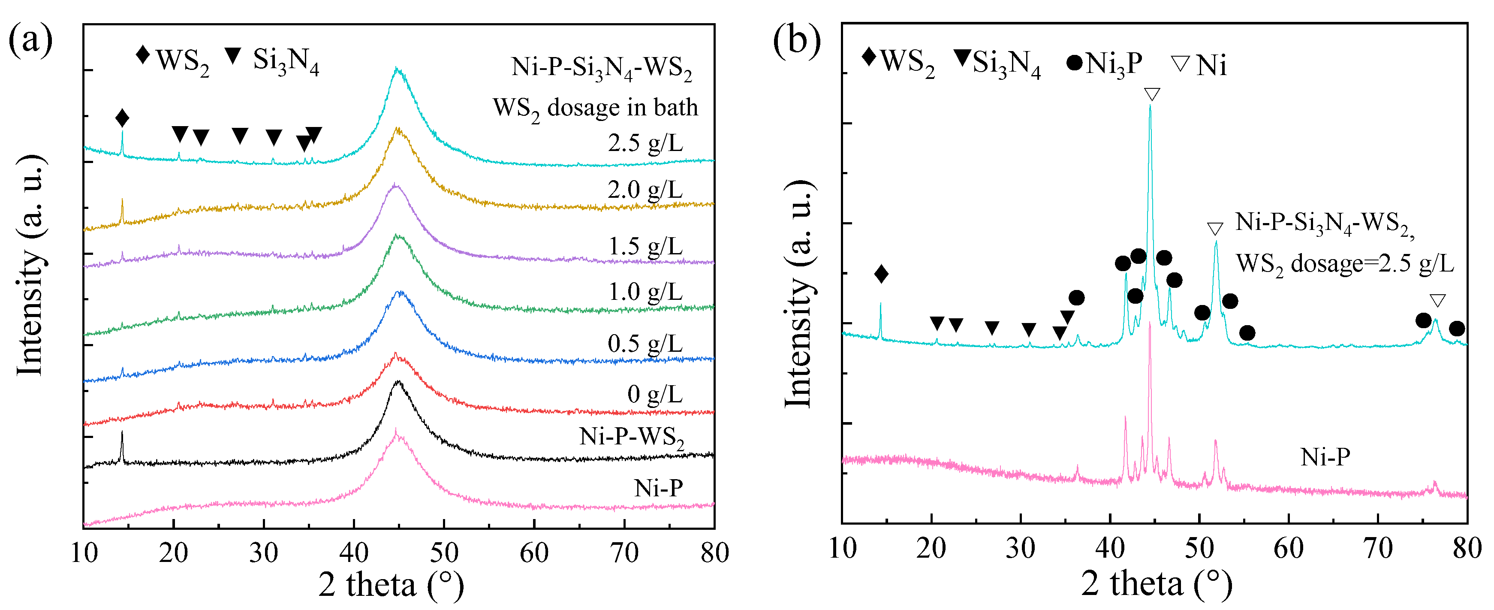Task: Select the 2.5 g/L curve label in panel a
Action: tap(645, 143)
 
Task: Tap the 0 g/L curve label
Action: tap(654, 395)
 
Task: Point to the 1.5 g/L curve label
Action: tap(645, 247)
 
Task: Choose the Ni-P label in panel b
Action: tap(1325, 457)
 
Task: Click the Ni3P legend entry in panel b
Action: tap(1104, 63)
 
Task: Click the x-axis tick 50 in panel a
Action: tap(444, 553)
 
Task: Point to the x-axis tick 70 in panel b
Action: tap(1378, 548)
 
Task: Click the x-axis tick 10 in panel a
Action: tap(84, 553)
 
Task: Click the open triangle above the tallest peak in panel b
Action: tap(1152, 94)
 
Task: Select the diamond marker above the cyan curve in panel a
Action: tap(122, 118)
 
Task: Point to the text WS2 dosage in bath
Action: tap(595, 109)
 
